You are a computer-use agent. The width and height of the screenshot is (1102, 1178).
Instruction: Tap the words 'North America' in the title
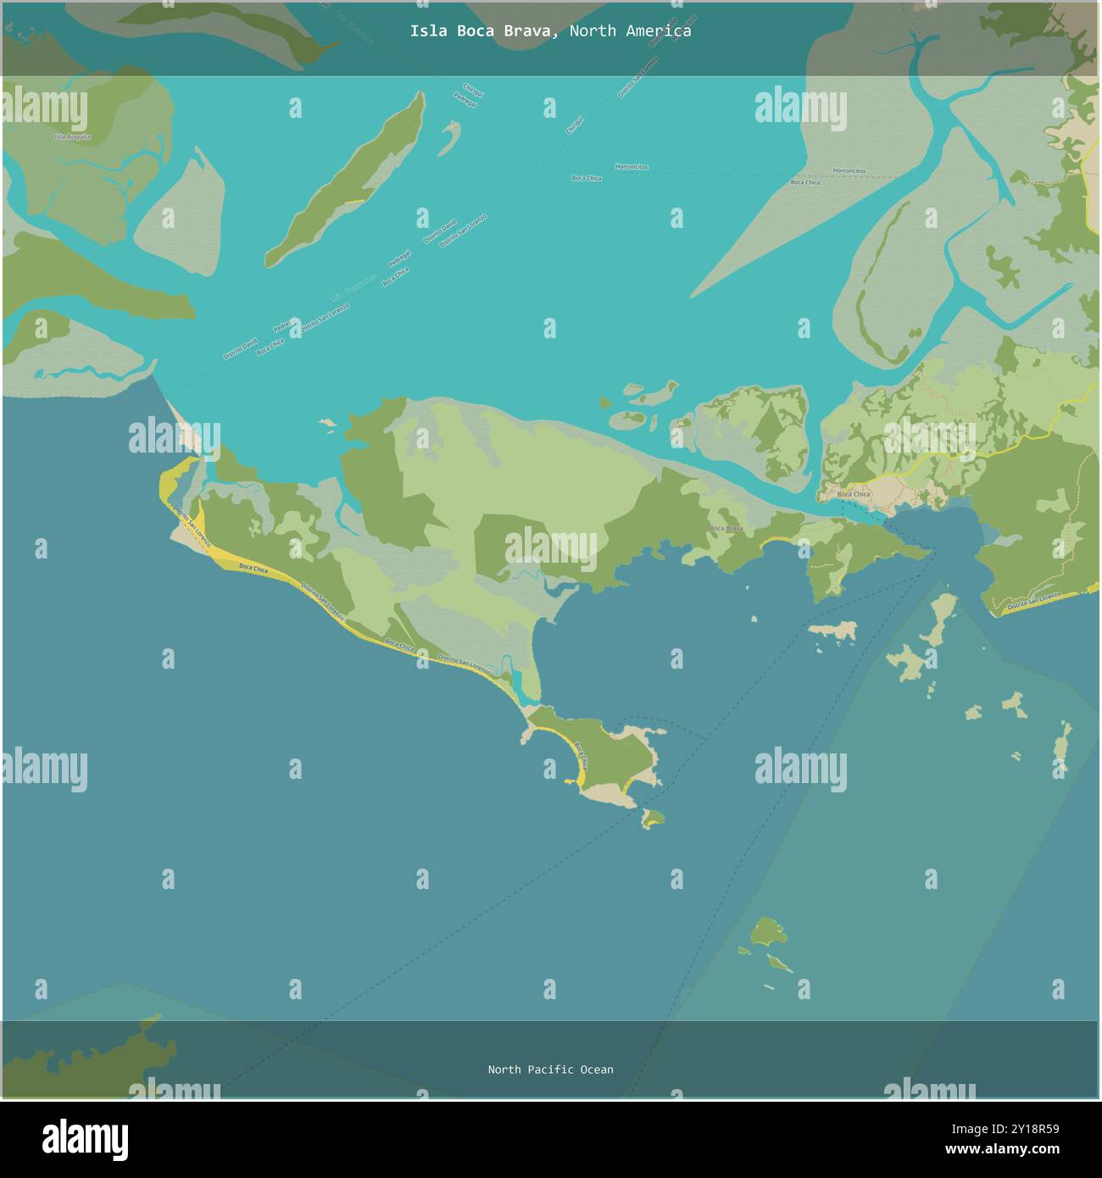click(x=630, y=31)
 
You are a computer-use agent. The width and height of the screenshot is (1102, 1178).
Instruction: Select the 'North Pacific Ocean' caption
click(x=550, y=1070)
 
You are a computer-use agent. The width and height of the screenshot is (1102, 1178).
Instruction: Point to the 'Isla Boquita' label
click(x=72, y=136)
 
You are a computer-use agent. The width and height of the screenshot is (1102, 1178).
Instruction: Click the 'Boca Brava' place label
click(x=726, y=528)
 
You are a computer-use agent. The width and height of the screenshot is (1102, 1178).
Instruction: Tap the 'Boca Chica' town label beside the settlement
click(x=853, y=494)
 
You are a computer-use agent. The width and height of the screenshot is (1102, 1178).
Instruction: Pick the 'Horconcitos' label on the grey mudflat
click(x=849, y=170)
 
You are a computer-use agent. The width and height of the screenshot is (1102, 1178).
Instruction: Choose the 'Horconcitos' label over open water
click(x=632, y=167)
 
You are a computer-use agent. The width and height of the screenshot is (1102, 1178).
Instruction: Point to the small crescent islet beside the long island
click(x=448, y=137)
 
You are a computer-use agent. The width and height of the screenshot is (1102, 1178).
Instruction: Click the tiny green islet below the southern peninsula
click(x=652, y=819)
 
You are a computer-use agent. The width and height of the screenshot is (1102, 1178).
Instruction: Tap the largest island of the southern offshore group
click(x=767, y=932)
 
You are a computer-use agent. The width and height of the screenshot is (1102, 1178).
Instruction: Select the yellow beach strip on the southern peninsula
click(x=583, y=765)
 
